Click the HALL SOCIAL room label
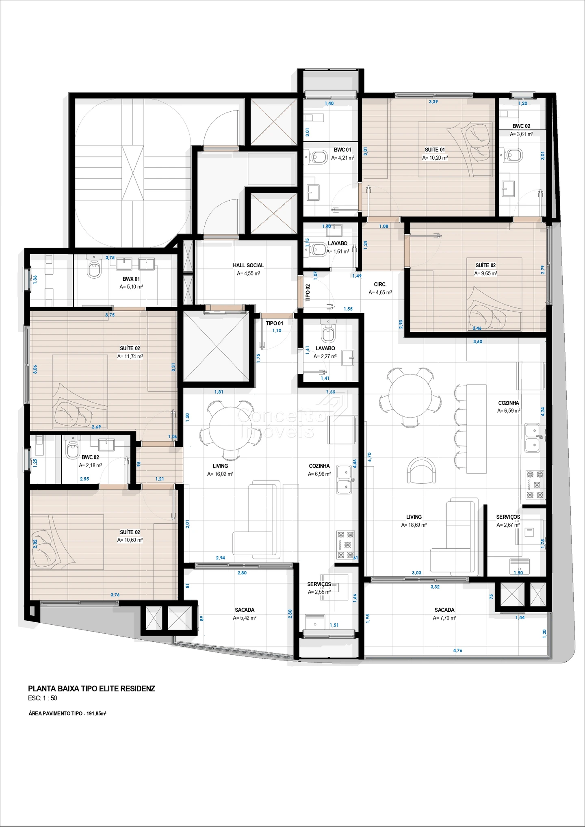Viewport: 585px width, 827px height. coord(248,265)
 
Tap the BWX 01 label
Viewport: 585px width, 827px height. coord(131,279)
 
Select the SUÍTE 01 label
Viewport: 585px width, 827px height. coord(435,150)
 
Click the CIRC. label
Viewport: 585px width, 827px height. coord(380,284)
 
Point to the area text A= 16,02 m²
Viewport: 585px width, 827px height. coord(220,474)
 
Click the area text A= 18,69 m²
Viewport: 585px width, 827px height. coord(414,525)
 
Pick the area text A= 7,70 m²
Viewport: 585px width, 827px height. coord(444,618)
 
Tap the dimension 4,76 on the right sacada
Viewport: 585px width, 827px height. coord(457,650)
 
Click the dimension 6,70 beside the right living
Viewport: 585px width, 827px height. coord(369,457)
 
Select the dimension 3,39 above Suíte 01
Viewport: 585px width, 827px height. coord(433,102)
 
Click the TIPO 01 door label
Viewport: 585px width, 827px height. coord(274,323)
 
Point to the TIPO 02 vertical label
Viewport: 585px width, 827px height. coord(308,292)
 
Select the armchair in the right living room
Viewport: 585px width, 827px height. coord(422,471)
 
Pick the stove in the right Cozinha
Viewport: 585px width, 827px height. coord(535,484)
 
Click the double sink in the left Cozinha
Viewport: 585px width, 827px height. coord(344,479)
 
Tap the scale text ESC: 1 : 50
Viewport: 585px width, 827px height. coord(43,698)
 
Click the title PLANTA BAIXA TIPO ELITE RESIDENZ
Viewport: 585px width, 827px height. coord(91,688)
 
